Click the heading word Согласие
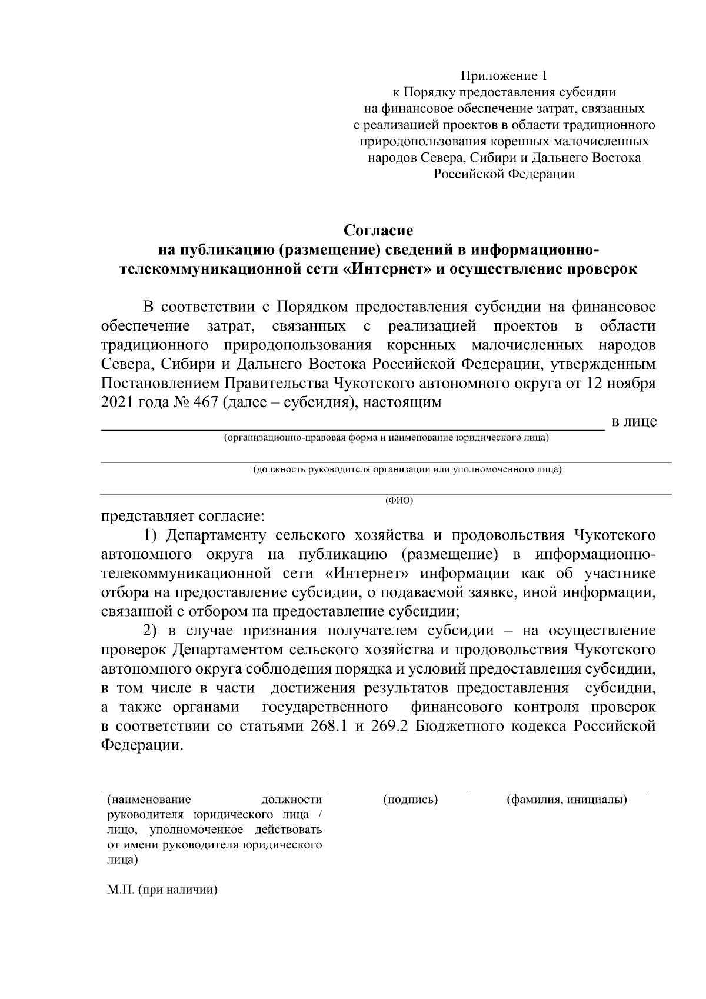379,229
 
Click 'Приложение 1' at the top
504,76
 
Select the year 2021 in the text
118,403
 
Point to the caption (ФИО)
399,501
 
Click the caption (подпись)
410,800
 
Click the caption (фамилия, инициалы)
567,800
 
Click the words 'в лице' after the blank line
634,422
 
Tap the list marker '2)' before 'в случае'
152,631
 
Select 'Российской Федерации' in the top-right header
504,174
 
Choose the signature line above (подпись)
410,791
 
